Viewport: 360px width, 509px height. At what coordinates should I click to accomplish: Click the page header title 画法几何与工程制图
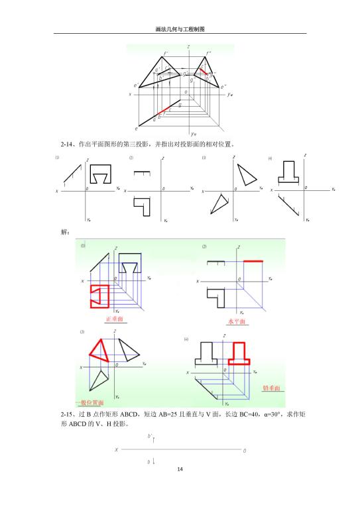tap(180, 29)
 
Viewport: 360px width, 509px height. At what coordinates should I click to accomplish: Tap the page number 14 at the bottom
tap(180, 469)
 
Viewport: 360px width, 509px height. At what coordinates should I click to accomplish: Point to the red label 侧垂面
tap(271, 388)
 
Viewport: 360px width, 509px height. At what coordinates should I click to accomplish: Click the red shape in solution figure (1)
tap(98, 298)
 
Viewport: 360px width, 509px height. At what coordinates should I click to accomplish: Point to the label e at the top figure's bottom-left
tap(137, 128)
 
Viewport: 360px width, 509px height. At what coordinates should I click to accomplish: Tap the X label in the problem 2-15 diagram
tap(117, 449)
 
